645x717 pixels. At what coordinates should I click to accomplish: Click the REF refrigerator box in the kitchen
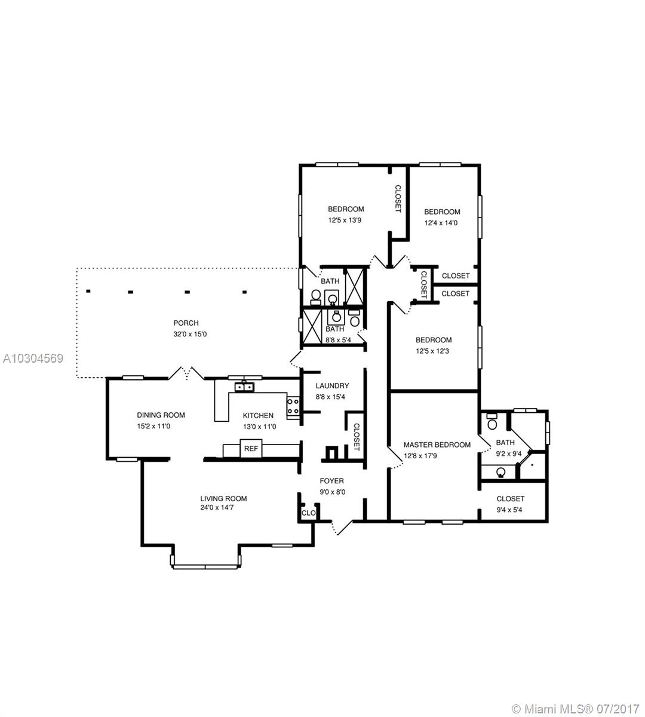click(x=251, y=448)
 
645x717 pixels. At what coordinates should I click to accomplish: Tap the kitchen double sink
click(x=244, y=387)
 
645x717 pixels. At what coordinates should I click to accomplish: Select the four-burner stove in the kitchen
click(x=293, y=407)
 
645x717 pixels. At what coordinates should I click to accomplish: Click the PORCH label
click(x=186, y=323)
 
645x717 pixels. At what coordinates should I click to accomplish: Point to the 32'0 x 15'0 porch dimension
click(x=190, y=334)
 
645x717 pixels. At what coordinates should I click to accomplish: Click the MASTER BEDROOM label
click(x=437, y=445)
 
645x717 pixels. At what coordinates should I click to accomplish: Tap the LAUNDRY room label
click(x=332, y=385)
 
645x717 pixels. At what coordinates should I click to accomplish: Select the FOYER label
click(x=331, y=481)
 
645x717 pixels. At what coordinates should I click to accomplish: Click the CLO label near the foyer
click(x=308, y=513)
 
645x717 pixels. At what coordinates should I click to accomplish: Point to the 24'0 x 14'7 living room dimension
click(x=217, y=507)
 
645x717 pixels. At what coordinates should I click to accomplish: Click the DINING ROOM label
click(x=161, y=415)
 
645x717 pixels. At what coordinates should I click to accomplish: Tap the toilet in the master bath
click(x=492, y=422)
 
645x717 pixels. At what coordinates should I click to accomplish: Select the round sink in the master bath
click(x=500, y=473)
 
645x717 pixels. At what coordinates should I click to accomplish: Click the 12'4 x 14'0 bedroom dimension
click(x=441, y=223)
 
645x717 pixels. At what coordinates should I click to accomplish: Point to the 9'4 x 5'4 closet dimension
click(x=509, y=510)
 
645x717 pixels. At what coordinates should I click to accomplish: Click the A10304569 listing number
click(x=33, y=358)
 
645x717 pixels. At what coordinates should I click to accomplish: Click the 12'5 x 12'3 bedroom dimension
click(x=432, y=351)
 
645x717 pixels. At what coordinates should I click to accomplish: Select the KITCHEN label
click(x=258, y=415)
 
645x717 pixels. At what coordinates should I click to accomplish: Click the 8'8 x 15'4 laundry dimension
click(x=330, y=397)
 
